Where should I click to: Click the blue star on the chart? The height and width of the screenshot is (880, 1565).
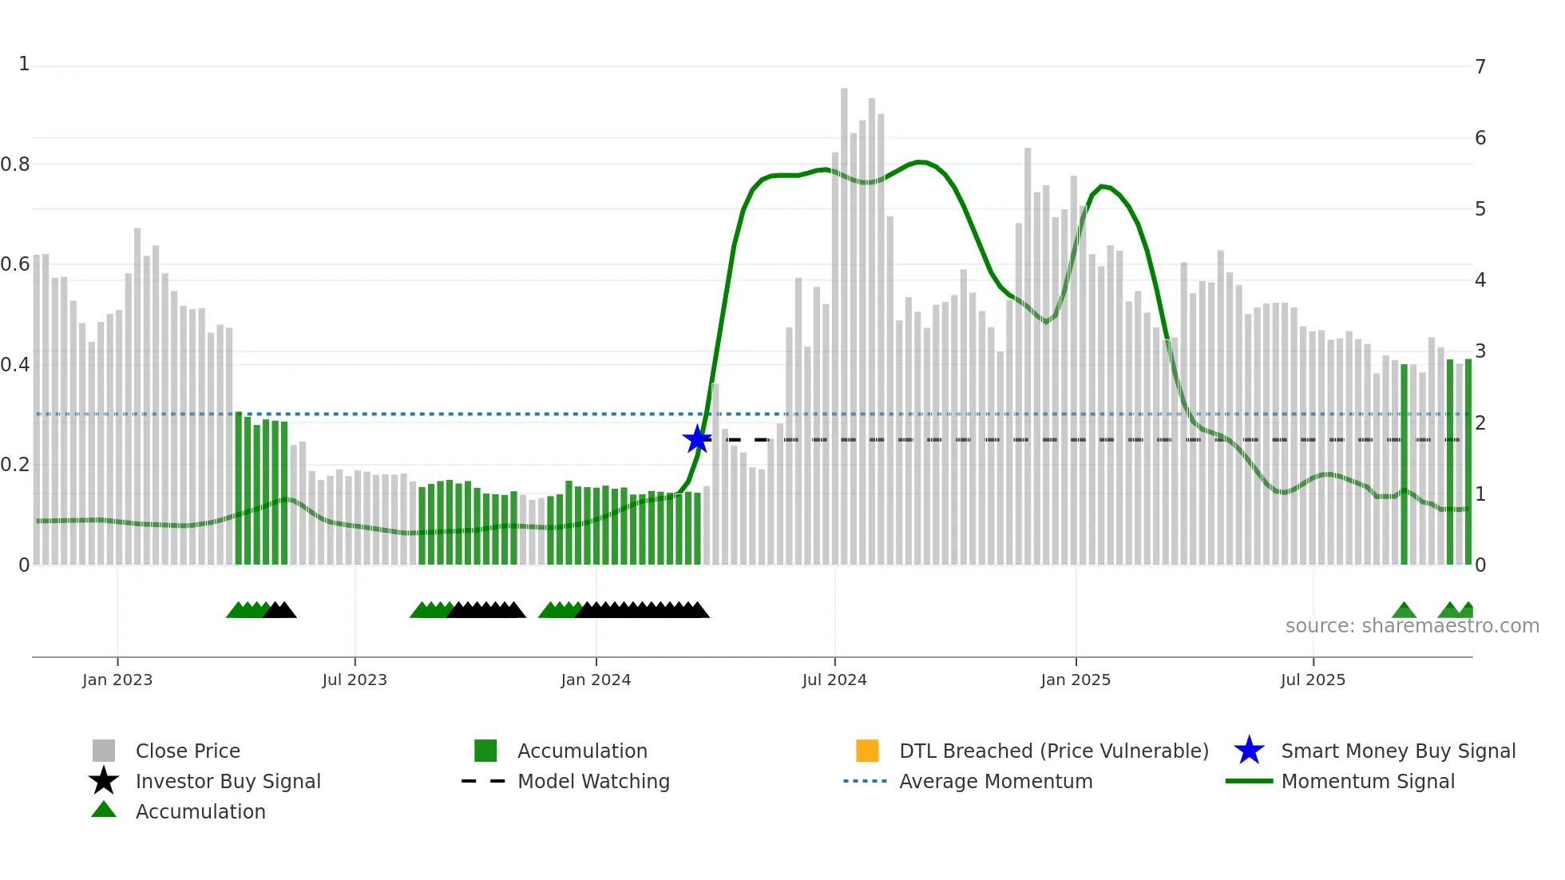click(x=697, y=439)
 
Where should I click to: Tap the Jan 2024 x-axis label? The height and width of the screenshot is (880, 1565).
click(x=596, y=680)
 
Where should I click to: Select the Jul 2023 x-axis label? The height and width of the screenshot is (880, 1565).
click(x=355, y=680)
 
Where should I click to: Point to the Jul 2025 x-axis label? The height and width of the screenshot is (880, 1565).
click(x=1313, y=680)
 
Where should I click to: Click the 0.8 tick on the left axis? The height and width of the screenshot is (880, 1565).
click(x=15, y=165)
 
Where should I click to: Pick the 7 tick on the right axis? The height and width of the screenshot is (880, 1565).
click(x=1480, y=66)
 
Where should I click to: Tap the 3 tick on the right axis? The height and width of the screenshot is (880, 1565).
click(x=1480, y=351)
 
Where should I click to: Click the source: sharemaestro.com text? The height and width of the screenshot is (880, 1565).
click(x=1412, y=625)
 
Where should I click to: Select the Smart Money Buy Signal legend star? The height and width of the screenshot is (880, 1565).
click(x=1249, y=751)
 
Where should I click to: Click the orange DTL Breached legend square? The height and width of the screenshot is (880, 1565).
click(x=867, y=751)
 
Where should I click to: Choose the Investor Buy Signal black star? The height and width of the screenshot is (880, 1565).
click(x=104, y=781)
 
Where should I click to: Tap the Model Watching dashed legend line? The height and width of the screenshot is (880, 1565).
click(x=483, y=781)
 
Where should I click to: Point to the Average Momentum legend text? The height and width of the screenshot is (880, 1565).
click(x=996, y=781)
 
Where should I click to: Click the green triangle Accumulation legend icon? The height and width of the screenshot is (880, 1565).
click(x=104, y=810)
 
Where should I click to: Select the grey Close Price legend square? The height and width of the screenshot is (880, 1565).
click(x=104, y=751)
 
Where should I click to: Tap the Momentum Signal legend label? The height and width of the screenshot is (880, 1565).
click(x=1368, y=781)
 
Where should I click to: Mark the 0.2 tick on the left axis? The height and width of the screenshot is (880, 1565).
click(x=15, y=465)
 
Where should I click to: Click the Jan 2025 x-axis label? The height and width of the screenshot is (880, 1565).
click(x=1076, y=680)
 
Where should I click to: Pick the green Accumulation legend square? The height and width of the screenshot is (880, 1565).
click(x=485, y=751)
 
